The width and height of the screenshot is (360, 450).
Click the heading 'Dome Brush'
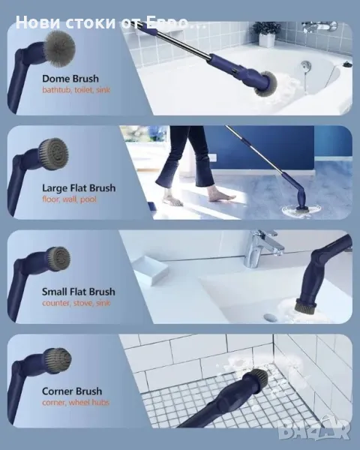click(x=70, y=79)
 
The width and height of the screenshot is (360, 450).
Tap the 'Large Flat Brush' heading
click(x=79, y=188)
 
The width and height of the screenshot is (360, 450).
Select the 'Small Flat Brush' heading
click(x=79, y=292)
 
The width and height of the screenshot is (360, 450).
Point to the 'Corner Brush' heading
click(x=72, y=391)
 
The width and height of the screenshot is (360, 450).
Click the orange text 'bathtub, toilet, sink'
click(x=76, y=90)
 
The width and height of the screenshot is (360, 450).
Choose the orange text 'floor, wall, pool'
click(x=69, y=199)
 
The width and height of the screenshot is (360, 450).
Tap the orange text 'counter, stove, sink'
click(x=76, y=303)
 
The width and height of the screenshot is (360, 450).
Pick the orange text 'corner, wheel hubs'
click(x=76, y=402)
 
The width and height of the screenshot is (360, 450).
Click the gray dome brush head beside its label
click(x=60, y=49)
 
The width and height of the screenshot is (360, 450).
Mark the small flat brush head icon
click(x=58, y=259)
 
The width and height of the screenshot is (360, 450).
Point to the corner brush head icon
click(x=58, y=361)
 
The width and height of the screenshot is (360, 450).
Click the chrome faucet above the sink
click(x=262, y=247)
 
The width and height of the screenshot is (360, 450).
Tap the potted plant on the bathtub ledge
click(x=267, y=34)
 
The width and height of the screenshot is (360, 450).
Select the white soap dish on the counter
click(x=150, y=270)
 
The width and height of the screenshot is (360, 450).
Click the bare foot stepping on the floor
click(x=222, y=198)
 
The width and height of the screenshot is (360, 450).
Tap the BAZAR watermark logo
click(x=314, y=429)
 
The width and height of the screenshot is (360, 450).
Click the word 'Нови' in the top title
click(x=37, y=22)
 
